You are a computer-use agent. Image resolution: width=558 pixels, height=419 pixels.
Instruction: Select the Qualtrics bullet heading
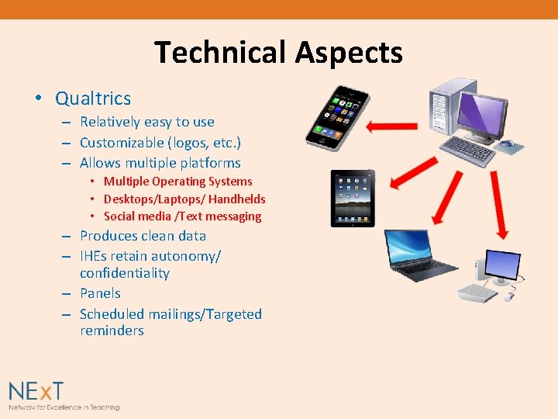click(x=93, y=99)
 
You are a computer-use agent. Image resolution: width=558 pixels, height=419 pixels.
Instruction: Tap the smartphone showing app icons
click(x=337, y=117)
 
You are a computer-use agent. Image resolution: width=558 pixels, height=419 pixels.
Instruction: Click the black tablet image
click(x=353, y=198)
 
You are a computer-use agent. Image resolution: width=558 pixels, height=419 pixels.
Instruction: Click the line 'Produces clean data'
click(x=143, y=236)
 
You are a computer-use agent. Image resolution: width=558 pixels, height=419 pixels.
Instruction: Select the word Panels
click(x=100, y=293)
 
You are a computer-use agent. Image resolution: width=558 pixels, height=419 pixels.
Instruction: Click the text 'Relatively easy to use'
click(x=146, y=122)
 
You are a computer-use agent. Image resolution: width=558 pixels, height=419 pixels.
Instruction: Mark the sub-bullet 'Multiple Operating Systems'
click(x=177, y=182)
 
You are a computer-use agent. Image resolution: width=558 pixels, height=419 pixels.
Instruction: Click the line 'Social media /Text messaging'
click(x=182, y=216)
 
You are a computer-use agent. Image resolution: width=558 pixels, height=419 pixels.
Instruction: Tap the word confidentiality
click(x=125, y=273)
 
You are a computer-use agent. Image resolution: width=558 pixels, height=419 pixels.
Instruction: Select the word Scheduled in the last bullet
click(x=112, y=314)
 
